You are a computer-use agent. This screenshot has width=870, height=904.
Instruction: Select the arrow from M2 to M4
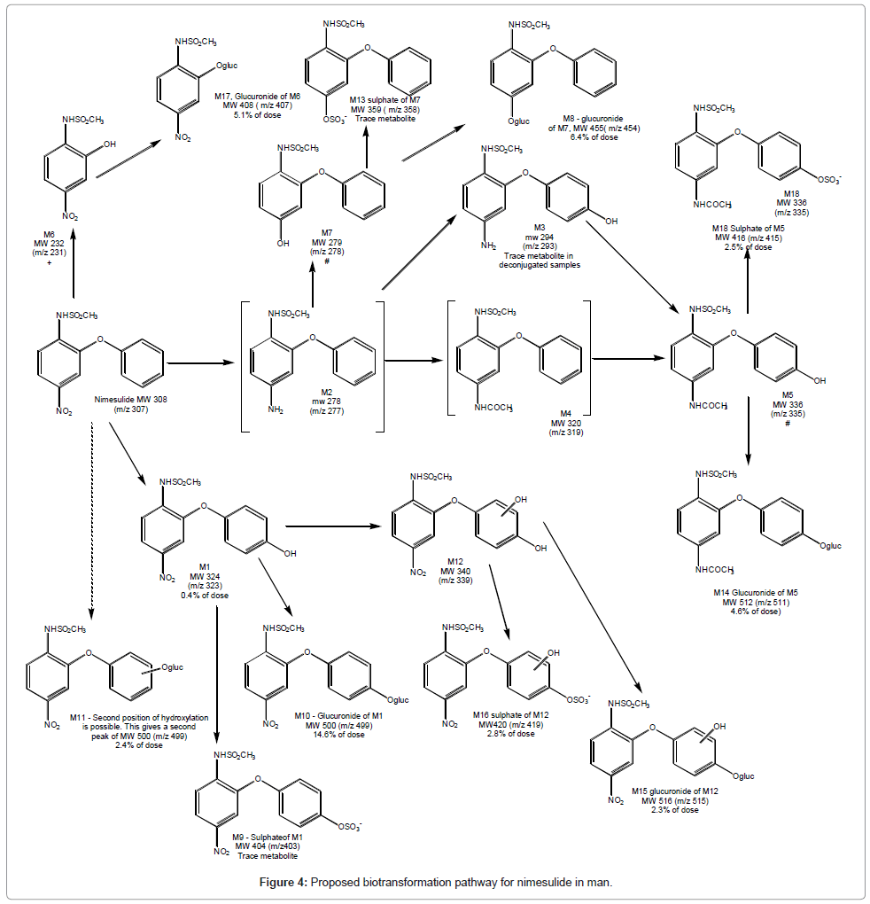click(414, 361)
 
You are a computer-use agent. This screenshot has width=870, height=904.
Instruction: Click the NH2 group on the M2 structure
click(278, 412)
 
